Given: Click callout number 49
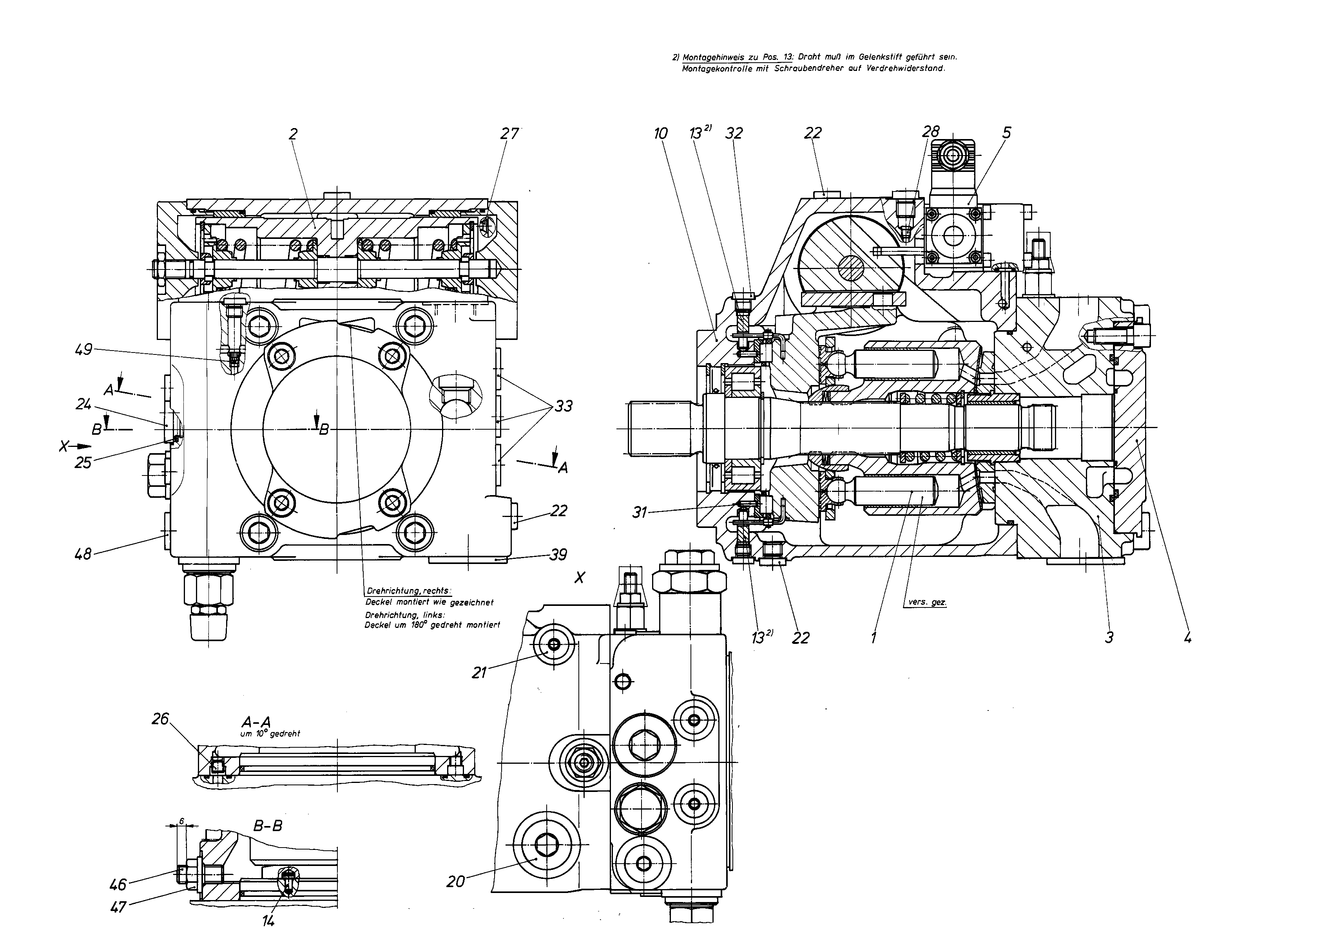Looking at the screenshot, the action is coord(84,350).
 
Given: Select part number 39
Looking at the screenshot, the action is coord(558,555).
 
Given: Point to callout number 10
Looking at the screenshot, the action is coord(661,134).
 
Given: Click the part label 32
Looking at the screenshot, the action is coord(734,133).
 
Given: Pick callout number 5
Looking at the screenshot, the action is coord(1007,133).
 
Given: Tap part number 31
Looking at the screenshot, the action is coord(639,512).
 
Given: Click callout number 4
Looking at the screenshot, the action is coord(1187,638).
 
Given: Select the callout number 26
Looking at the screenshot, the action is coord(160,719).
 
